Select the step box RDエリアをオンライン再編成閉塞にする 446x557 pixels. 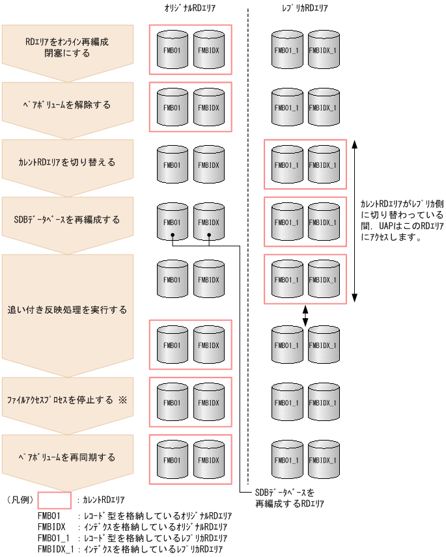[x=67, y=47]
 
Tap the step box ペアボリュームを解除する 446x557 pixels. [x=67, y=104]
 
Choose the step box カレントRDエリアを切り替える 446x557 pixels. [x=67, y=162]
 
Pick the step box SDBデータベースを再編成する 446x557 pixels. [x=67, y=219]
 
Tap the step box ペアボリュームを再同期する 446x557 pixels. [x=67, y=457]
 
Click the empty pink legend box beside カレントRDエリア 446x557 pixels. [x=54, y=500]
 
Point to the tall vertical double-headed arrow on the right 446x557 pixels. [x=354, y=221]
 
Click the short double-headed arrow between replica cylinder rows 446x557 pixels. [x=306, y=315]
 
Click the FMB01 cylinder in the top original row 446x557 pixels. [x=172, y=49]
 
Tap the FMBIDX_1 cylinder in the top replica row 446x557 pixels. [x=323, y=49]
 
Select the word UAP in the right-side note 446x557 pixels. [x=386, y=226]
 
